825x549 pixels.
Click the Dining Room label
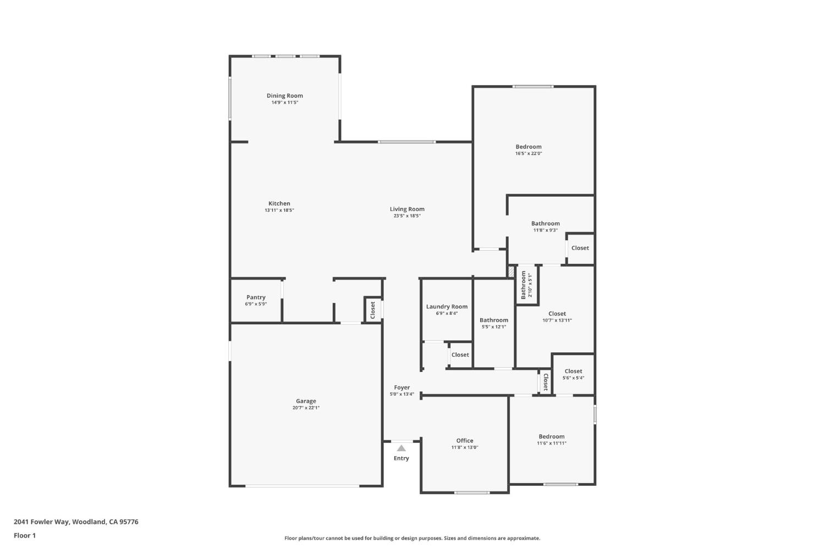[285, 96]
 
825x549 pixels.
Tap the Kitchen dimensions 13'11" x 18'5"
[279, 210]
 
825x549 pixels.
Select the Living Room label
[407, 209]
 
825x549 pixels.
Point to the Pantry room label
[256, 297]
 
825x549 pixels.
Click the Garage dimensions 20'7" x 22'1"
[306, 408]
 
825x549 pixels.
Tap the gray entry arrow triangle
[402, 448]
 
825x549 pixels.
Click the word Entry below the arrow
[402, 458]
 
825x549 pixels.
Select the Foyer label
[402, 387]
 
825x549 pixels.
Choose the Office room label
[465, 440]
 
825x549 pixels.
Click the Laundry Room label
[447, 307]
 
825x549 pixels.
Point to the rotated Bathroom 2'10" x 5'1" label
[526, 285]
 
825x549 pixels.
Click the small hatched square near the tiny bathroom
[511, 272]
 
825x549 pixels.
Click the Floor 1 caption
[25, 536]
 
